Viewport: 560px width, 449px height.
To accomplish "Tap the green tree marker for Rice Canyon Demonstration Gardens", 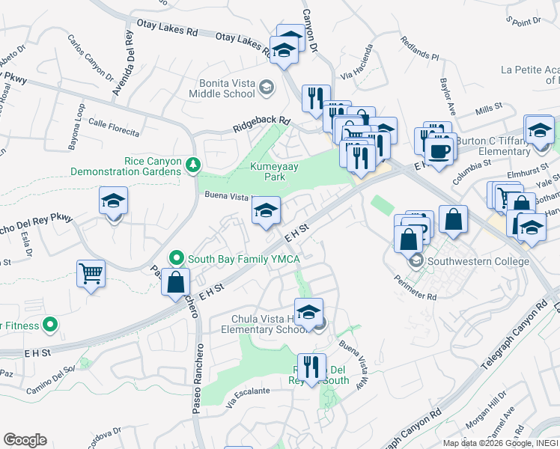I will tap(194, 165).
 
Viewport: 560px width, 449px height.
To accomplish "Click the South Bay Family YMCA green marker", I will tap(177, 258).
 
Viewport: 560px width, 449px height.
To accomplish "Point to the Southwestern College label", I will tap(480, 261).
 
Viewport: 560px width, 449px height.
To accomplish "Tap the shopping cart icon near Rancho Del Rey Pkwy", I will tap(91, 274).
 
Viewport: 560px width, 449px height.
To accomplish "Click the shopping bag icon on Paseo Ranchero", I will tap(175, 283).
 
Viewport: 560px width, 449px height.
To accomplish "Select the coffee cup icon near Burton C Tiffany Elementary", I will tap(440, 148).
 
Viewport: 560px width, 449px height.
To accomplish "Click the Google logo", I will tap(25, 440).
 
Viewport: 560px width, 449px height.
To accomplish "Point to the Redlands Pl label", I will tap(419, 49).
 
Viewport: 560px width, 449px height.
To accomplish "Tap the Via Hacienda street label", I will tap(356, 77).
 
